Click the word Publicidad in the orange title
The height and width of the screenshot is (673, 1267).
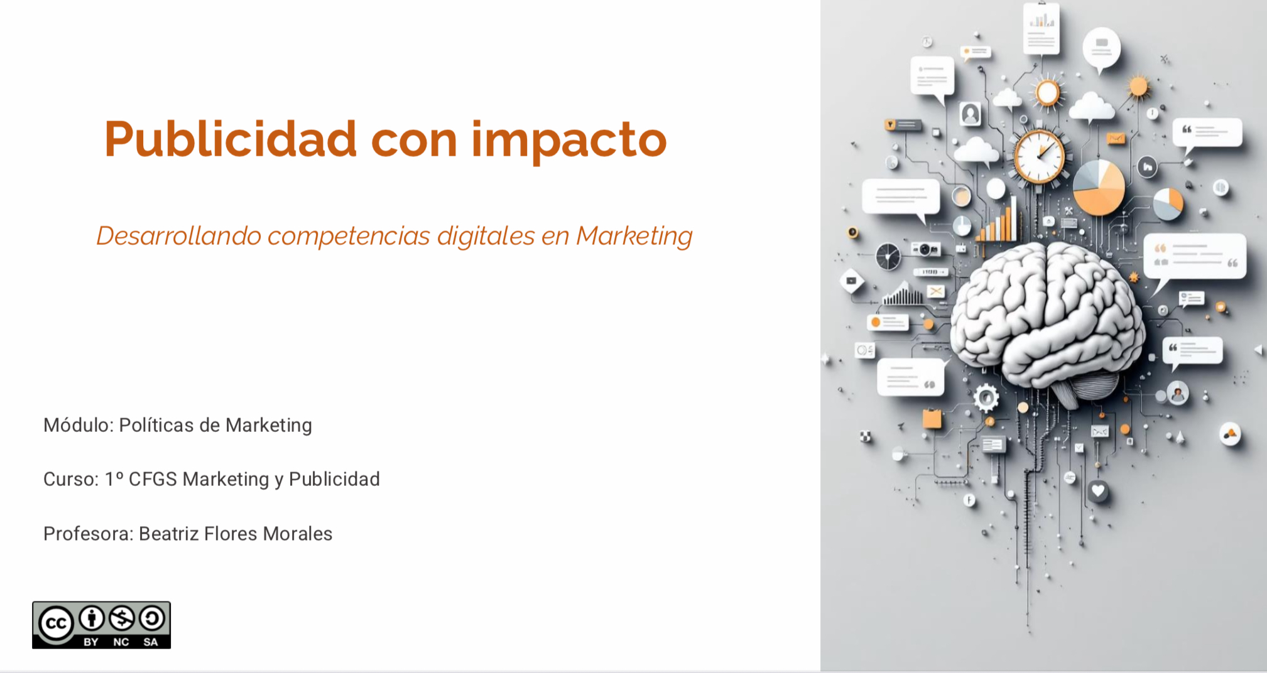[x=231, y=139]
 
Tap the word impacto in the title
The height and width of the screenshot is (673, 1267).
[x=568, y=141]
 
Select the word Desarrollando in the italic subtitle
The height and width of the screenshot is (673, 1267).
[x=178, y=236]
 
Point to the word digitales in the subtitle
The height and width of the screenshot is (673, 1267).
[x=485, y=237]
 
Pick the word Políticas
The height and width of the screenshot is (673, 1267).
[x=156, y=425]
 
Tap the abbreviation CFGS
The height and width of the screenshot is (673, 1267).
[x=153, y=479]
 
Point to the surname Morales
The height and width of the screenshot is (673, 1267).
[x=297, y=534]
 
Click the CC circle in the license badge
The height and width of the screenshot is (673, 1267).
[x=57, y=623]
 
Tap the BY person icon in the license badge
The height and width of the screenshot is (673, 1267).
[x=92, y=619]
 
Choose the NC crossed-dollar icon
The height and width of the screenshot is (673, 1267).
[x=122, y=619]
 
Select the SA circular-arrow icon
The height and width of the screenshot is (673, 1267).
[x=152, y=619]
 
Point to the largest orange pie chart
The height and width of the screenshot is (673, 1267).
[x=1099, y=187]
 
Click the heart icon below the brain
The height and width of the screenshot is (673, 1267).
[x=1098, y=490]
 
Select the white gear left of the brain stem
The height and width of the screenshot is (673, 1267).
[x=986, y=397]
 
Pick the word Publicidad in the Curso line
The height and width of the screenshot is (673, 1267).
[x=334, y=479]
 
